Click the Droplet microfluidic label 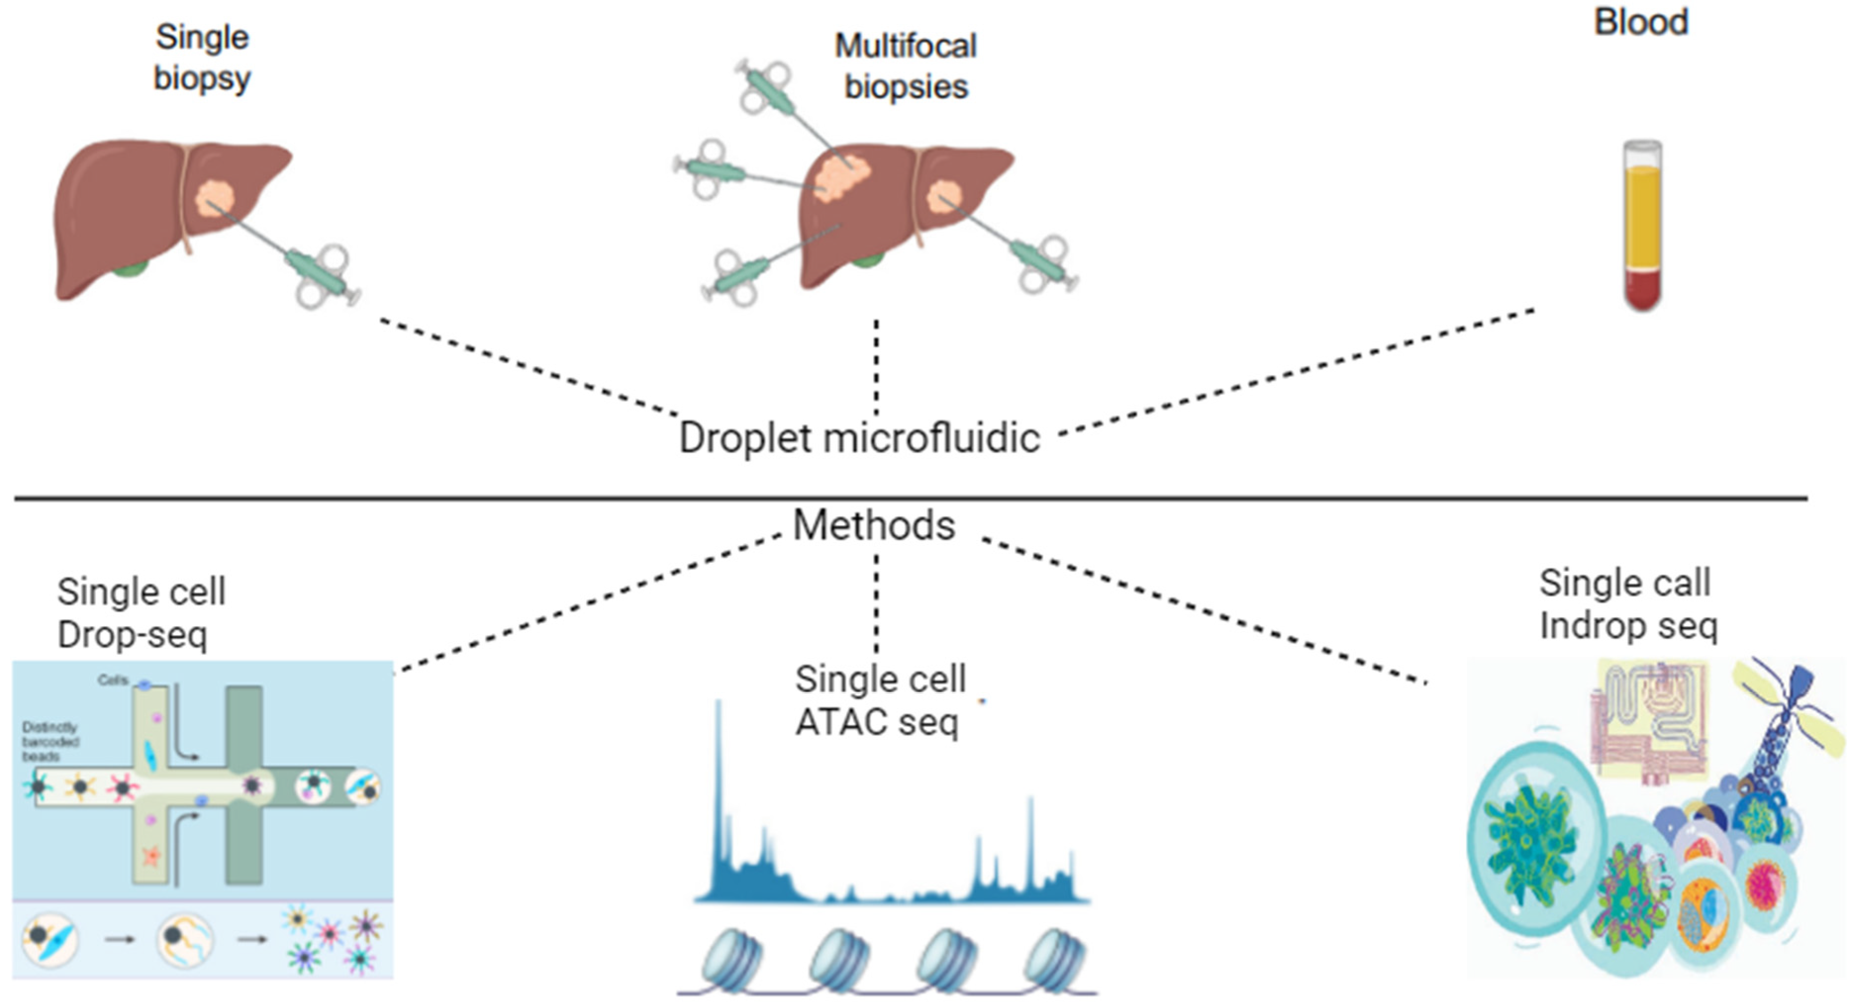pos(859,438)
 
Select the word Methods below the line pos(873,525)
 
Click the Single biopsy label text pos(202,57)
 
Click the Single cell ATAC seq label pos(879,700)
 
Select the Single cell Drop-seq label pos(141,613)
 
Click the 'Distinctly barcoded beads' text pos(50,741)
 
